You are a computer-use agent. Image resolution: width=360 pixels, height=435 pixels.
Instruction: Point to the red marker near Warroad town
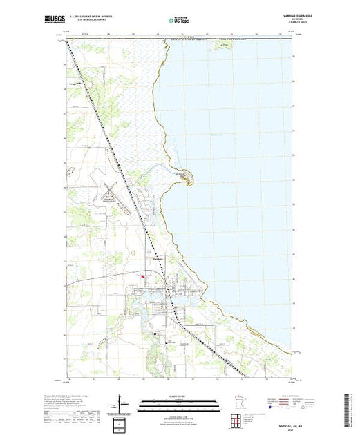(x=143, y=279)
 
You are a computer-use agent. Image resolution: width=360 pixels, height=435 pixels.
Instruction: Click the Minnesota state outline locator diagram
(x=234, y=403)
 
